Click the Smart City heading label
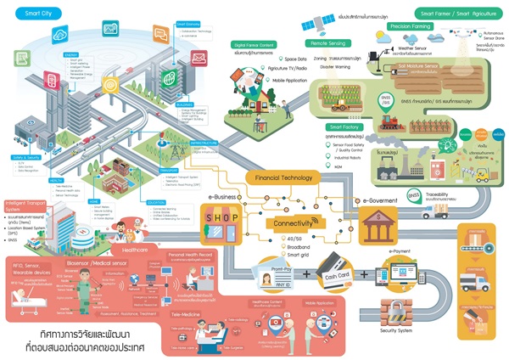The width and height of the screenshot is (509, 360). point(31,14)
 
